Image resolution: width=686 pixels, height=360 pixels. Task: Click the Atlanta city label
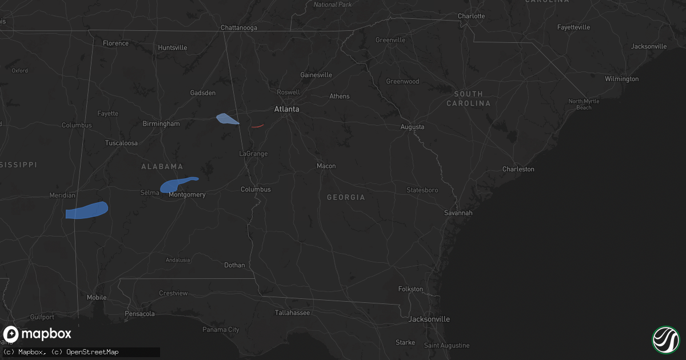click(x=286, y=109)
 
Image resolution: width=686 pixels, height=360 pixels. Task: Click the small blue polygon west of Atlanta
click(x=228, y=119)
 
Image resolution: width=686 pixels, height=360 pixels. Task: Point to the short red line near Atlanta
click(x=257, y=126)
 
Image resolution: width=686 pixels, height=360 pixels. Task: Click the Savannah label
click(x=458, y=213)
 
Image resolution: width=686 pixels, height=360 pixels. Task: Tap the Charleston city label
click(x=518, y=169)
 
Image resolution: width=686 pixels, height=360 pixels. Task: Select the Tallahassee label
click(x=292, y=313)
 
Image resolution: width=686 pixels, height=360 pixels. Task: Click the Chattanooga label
click(x=239, y=27)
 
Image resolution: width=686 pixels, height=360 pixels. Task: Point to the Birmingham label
click(x=161, y=123)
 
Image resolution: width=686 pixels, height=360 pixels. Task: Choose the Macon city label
click(x=326, y=166)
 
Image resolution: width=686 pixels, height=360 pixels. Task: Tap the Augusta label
click(x=412, y=126)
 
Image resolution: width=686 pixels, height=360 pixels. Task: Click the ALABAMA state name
click(x=162, y=166)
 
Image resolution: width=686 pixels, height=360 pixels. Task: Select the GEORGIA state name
click(x=346, y=197)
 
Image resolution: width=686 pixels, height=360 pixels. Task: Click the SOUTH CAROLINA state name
click(x=468, y=98)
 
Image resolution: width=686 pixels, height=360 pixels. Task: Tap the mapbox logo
click(x=37, y=334)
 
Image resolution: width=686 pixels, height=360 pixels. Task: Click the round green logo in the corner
click(x=665, y=339)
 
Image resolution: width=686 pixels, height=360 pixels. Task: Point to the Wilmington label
click(x=621, y=79)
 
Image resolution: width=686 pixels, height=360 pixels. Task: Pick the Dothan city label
click(x=234, y=265)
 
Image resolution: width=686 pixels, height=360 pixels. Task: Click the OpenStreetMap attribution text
click(x=92, y=352)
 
